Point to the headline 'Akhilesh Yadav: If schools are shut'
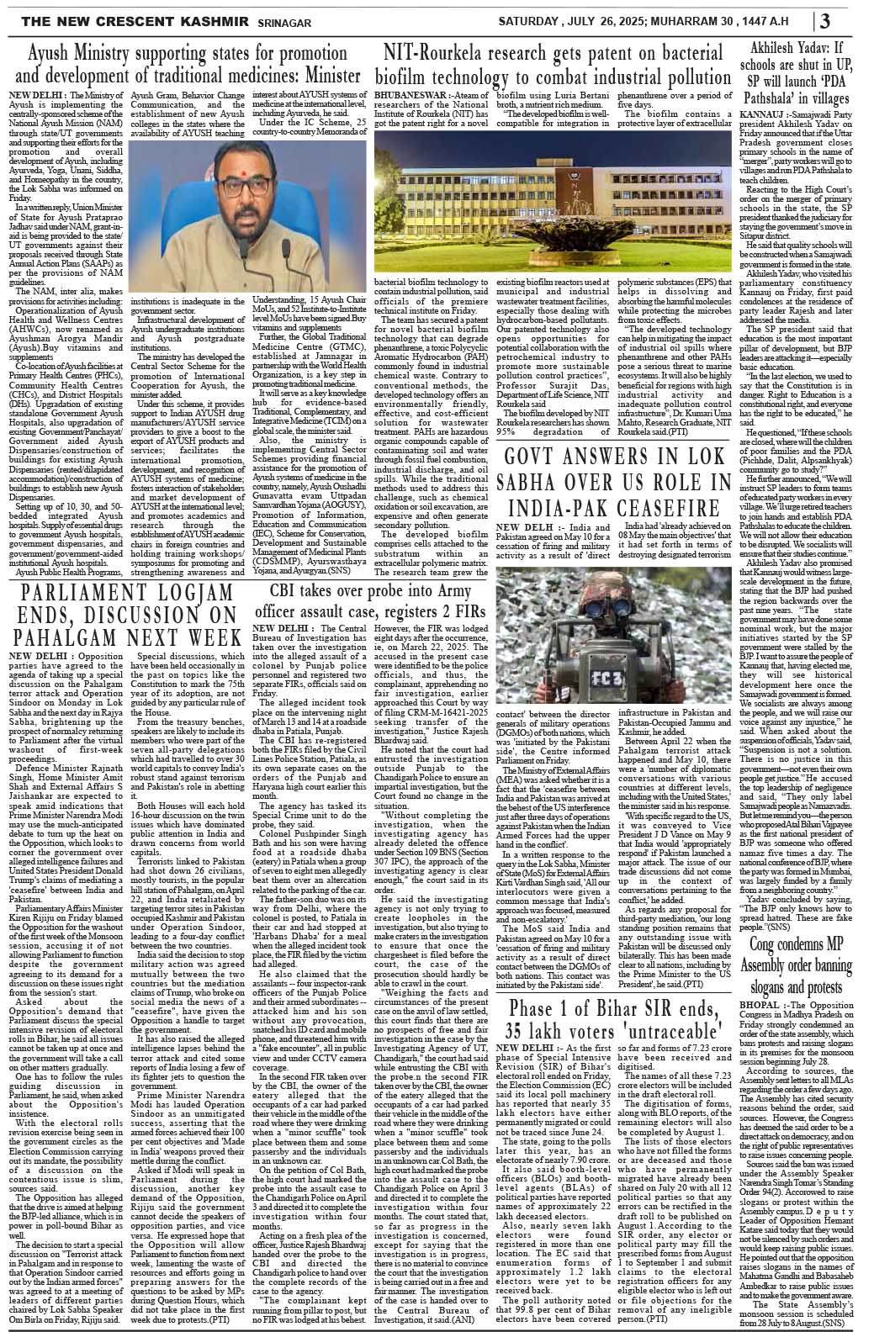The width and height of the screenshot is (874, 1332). click(x=802, y=71)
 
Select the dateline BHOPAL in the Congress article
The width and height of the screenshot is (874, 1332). click(x=762, y=959)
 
